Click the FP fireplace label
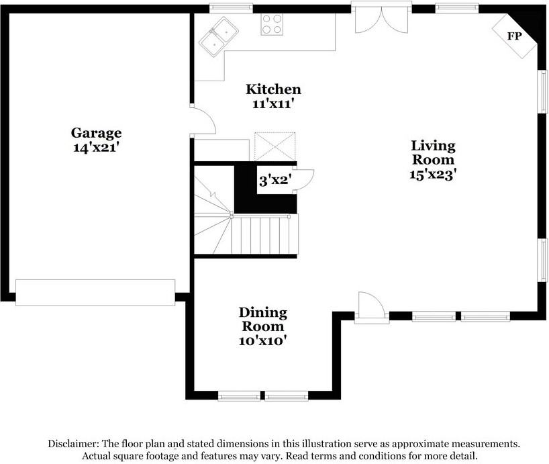click(x=514, y=36)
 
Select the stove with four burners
click(x=272, y=24)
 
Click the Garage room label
click(x=97, y=132)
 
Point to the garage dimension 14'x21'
click(x=97, y=148)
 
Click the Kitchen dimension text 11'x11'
click(x=272, y=104)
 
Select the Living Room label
click(x=433, y=152)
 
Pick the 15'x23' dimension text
click(x=433, y=175)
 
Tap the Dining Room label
click(x=263, y=320)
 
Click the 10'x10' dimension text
click(x=263, y=341)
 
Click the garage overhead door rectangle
click(x=95, y=293)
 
